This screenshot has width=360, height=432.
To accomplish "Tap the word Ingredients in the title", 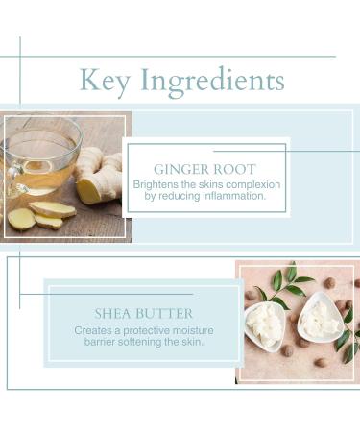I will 212,82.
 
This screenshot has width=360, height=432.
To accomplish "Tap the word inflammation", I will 225,196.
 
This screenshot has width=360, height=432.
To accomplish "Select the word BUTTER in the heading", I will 165,314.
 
